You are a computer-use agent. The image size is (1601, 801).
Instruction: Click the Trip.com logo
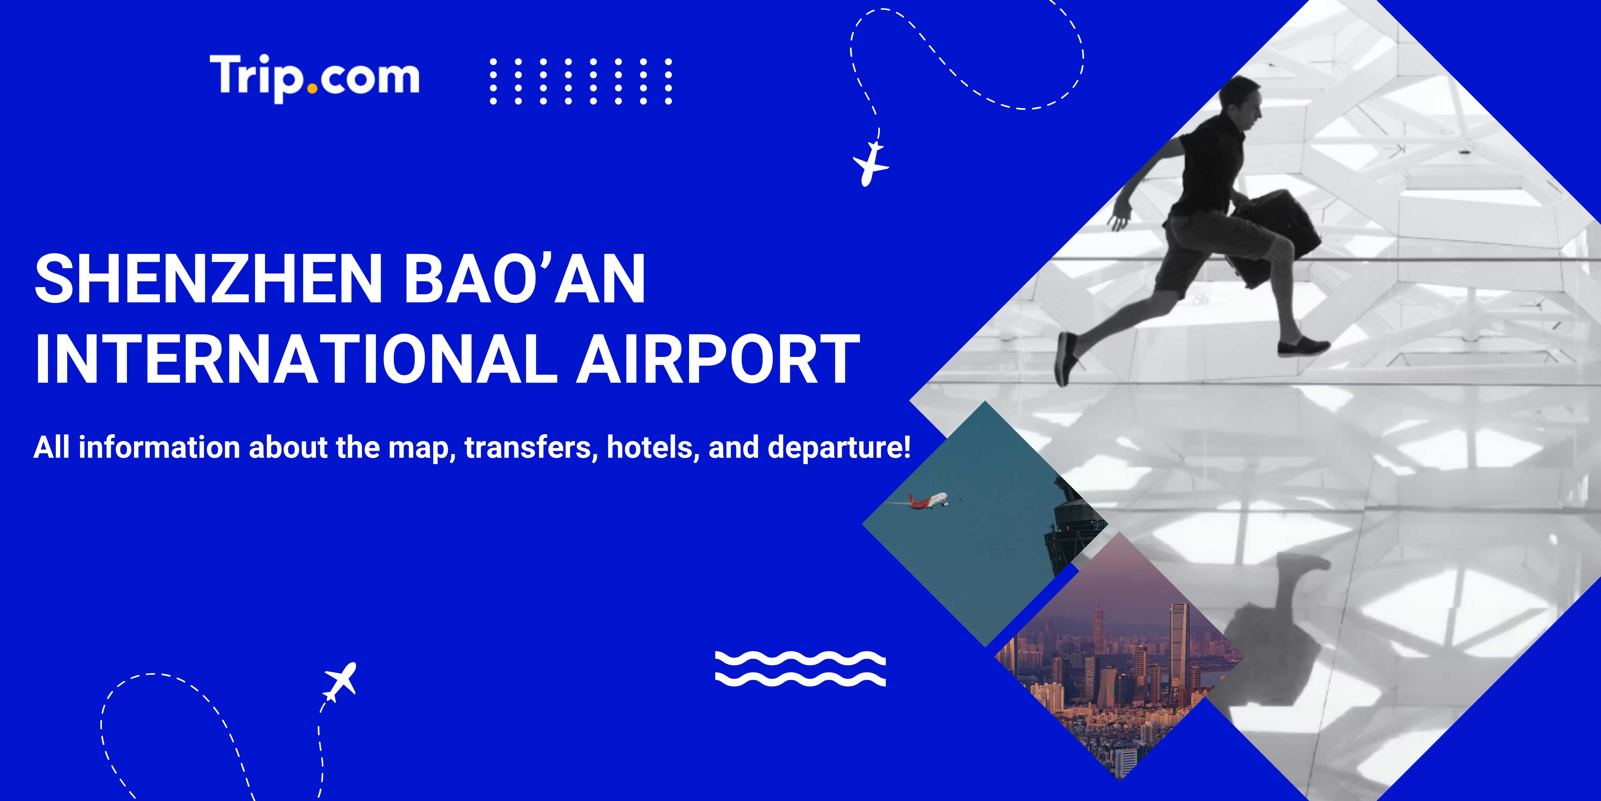click(x=315, y=77)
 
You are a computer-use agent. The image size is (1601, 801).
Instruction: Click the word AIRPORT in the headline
click(x=718, y=359)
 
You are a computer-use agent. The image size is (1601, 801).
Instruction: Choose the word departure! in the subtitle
click(x=839, y=448)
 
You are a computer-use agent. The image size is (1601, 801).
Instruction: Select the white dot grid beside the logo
click(x=580, y=81)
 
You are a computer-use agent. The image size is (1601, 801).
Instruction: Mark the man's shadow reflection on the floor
click(x=1280, y=622)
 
